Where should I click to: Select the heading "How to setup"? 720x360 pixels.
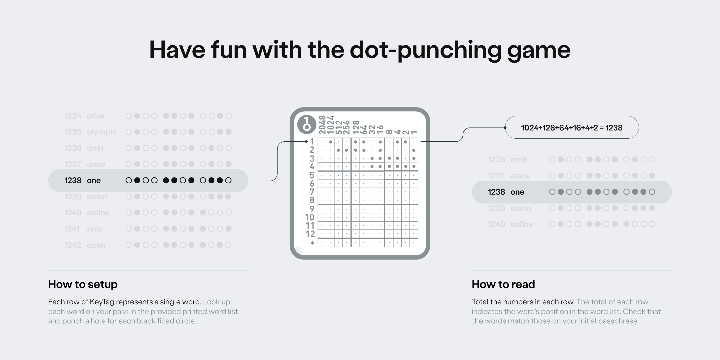click(x=83, y=284)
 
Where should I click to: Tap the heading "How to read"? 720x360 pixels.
click(x=503, y=284)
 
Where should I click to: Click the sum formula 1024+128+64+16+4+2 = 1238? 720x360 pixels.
click(x=571, y=128)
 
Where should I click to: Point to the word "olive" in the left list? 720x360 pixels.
click(x=96, y=116)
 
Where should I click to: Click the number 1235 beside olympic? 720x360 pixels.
click(x=73, y=132)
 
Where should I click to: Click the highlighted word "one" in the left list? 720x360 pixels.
click(x=94, y=180)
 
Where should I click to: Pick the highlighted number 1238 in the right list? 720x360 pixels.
click(x=496, y=192)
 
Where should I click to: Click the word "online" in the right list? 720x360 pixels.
click(x=522, y=224)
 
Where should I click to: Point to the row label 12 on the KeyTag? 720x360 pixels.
click(x=310, y=234)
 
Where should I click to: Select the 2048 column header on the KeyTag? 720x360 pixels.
click(x=322, y=125)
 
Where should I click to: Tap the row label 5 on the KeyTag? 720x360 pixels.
click(x=312, y=175)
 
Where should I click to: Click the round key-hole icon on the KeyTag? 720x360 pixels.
click(x=307, y=124)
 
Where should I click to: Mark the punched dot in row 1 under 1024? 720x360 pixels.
click(x=330, y=142)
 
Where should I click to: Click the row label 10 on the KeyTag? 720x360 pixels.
click(x=310, y=217)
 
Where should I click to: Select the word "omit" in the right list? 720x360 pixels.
click(x=519, y=160)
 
